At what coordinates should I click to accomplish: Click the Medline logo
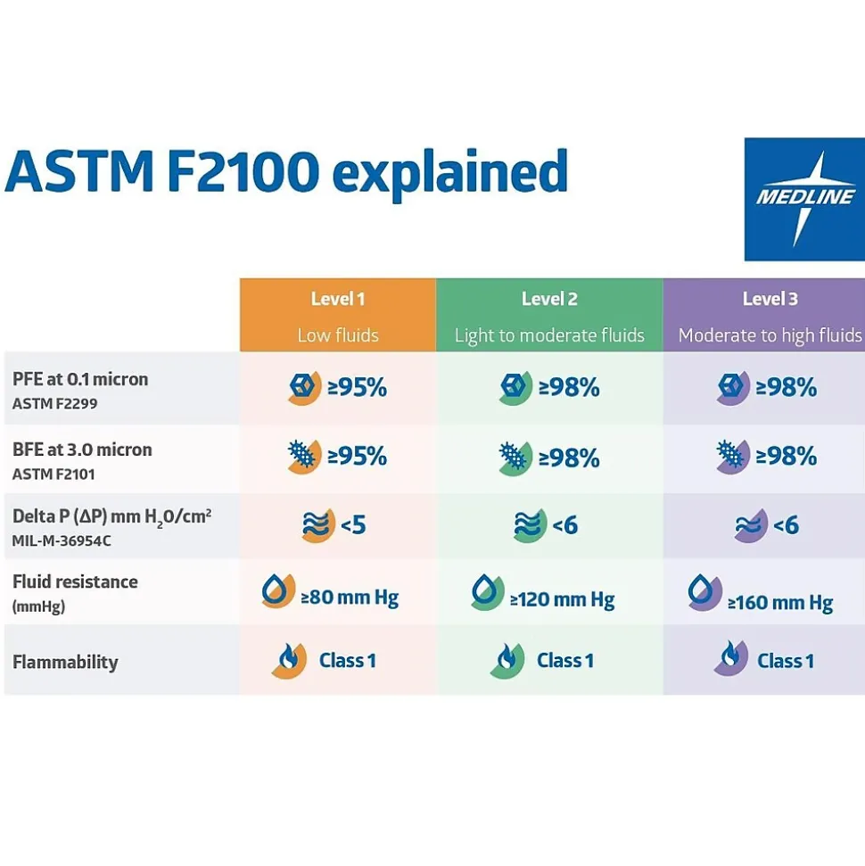(804, 199)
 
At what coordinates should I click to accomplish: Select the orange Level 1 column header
(337, 315)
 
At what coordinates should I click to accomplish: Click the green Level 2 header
(549, 315)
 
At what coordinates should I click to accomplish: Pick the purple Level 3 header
(769, 315)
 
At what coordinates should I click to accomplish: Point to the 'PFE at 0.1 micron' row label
(80, 379)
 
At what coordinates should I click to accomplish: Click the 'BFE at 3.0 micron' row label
(82, 449)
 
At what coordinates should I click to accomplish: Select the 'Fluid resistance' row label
(75, 581)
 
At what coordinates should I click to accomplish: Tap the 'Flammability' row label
(65, 662)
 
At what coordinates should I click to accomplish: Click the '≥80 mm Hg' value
(350, 597)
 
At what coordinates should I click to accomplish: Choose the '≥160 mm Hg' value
(780, 602)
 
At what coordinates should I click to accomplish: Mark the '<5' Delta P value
(353, 524)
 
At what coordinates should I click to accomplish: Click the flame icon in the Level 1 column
(288, 660)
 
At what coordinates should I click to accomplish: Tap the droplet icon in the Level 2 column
(487, 592)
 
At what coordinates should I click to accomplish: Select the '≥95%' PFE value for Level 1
(357, 388)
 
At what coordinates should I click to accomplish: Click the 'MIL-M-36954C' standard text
(62, 540)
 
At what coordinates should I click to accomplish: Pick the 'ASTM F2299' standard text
(54, 403)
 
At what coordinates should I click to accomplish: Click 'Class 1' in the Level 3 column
(786, 661)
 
